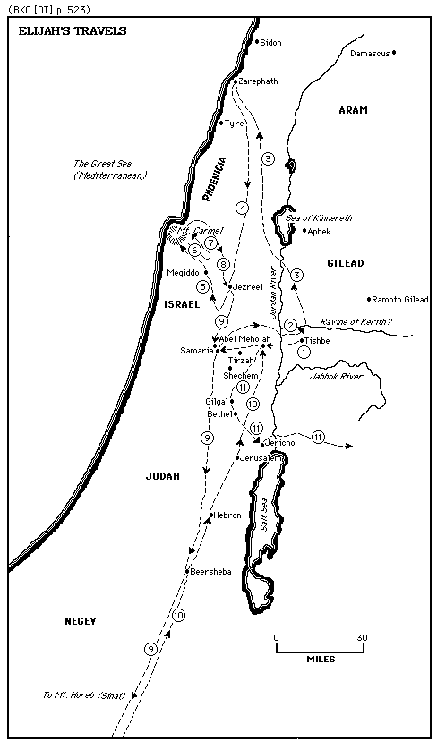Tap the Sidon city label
(x=270, y=42)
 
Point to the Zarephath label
(x=258, y=81)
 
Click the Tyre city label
(x=235, y=123)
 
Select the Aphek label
(x=319, y=231)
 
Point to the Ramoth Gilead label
(x=401, y=299)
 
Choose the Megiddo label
(x=183, y=272)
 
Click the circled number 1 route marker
(x=304, y=352)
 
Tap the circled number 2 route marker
(x=290, y=324)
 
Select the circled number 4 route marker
(x=242, y=208)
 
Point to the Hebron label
(x=227, y=515)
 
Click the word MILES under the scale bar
(x=321, y=659)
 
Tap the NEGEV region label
(x=80, y=620)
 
